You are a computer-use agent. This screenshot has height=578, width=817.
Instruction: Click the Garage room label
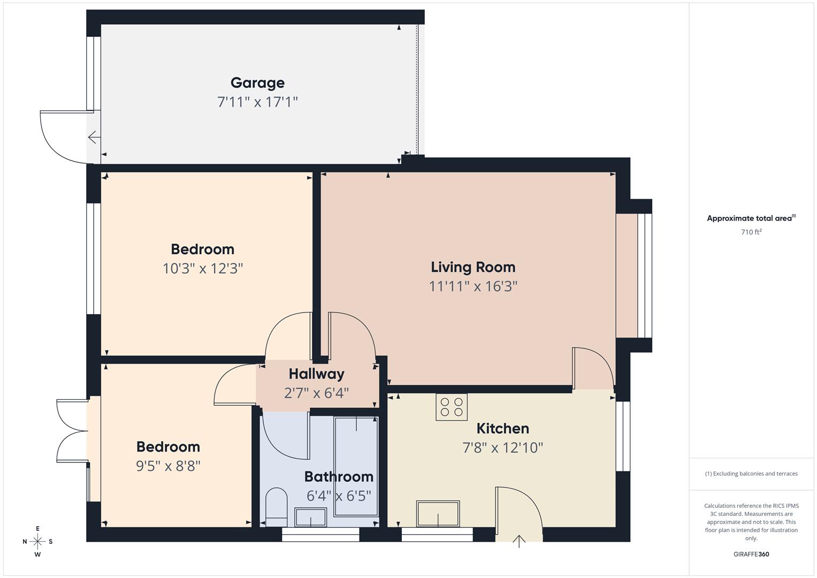(x=257, y=83)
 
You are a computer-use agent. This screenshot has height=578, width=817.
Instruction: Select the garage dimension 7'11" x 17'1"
(x=257, y=102)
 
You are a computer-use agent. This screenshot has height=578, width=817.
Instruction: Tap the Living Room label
(x=473, y=267)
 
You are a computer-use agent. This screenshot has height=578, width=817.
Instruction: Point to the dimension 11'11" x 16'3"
(x=473, y=286)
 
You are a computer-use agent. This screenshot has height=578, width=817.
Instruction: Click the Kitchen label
(x=502, y=429)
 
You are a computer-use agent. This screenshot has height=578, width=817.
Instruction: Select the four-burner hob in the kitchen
(x=452, y=407)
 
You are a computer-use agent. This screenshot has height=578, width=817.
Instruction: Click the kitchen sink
(x=438, y=514)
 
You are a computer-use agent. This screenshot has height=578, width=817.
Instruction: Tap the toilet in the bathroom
(x=276, y=506)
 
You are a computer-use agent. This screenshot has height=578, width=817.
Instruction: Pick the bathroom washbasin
(x=310, y=518)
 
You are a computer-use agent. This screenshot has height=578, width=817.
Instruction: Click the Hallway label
(x=316, y=374)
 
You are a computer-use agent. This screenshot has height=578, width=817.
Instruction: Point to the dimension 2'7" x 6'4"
(x=316, y=393)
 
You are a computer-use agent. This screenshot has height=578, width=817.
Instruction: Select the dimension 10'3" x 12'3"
(x=202, y=268)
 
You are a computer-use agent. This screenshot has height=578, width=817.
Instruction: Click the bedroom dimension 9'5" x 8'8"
(x=168, y=466)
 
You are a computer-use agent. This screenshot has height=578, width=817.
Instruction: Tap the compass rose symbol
(x=37, y=542)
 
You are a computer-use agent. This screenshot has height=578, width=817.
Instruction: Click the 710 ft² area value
(x=751, y=232)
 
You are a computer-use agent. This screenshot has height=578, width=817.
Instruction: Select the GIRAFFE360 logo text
(x=751, y=554)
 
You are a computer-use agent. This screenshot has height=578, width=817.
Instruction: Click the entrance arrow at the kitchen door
(x=519, y=541)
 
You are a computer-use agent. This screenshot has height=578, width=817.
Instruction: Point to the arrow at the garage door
(x=94, y=138)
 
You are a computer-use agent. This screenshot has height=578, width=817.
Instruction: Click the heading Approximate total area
(x=751, y=218)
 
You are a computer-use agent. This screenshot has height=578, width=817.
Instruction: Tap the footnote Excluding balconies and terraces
(x=751, y=474)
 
